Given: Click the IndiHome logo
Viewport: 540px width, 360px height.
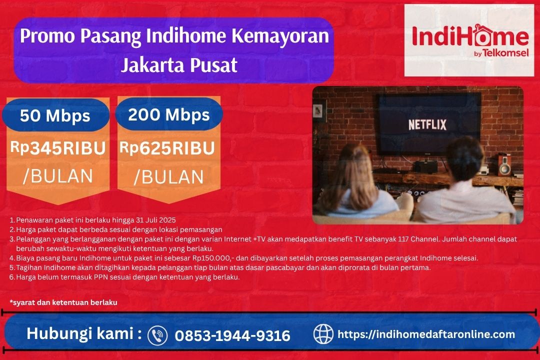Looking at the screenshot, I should [x=469, y=40].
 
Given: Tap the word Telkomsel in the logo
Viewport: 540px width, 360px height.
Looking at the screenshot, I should [x=505, y=53].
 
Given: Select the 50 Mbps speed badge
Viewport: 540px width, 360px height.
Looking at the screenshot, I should [x=55, y=115].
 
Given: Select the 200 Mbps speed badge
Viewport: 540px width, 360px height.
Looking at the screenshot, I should [x=168, y=114].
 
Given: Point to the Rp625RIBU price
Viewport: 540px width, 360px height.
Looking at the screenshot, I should [x=167, y=148].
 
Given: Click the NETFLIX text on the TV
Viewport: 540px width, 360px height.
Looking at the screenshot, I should [x=427, y=124].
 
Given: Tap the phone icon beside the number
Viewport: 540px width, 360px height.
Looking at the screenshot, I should [x=157, y=334].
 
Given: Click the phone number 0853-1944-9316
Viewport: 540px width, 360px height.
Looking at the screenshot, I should [x=232, y=335].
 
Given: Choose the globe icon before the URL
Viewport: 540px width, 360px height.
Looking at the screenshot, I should [x=323, y=334].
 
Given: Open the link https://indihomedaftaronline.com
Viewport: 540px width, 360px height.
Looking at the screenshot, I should [x=426, y=334].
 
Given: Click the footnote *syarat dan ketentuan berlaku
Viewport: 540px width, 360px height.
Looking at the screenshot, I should [x=63, y=302].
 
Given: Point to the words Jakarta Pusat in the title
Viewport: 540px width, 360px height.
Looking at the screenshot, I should [x=179, y=65].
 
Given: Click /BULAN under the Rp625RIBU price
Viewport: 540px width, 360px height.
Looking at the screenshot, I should [x=168, y=177].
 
